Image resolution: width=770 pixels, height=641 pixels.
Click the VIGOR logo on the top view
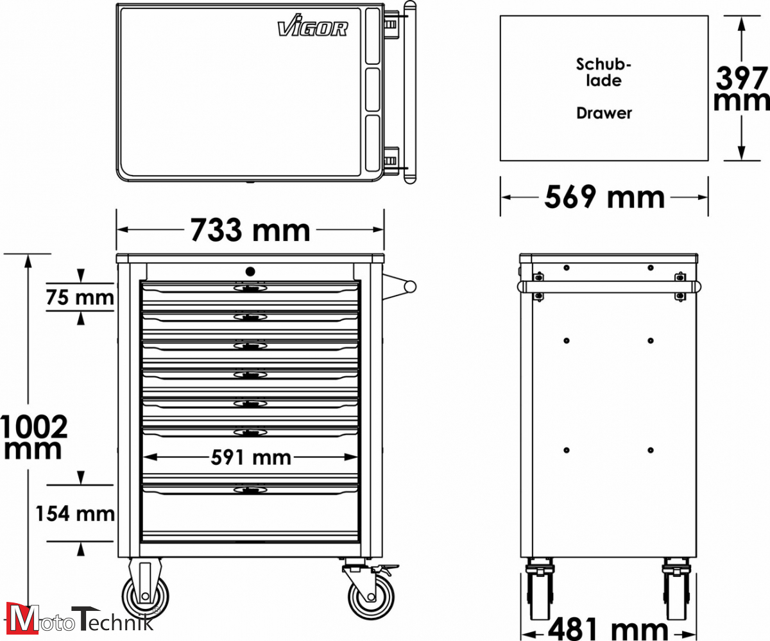(x=312, y=29)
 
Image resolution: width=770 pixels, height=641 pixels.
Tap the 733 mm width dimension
(x=250, y=230)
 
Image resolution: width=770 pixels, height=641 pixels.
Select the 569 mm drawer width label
(x=604, y=197)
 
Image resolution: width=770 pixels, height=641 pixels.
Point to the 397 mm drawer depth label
(x=741, y=88)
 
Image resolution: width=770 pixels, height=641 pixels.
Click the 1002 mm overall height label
(x=34, y=437)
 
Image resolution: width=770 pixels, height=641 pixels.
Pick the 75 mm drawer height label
(x=80, y=297)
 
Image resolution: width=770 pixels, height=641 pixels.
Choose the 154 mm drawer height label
(x=75, y=513)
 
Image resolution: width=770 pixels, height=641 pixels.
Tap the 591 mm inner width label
(x=251, y=458)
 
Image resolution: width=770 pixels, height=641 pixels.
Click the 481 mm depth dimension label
(x=608, y=629)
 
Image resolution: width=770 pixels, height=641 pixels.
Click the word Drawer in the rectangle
(x=604, y=113)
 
